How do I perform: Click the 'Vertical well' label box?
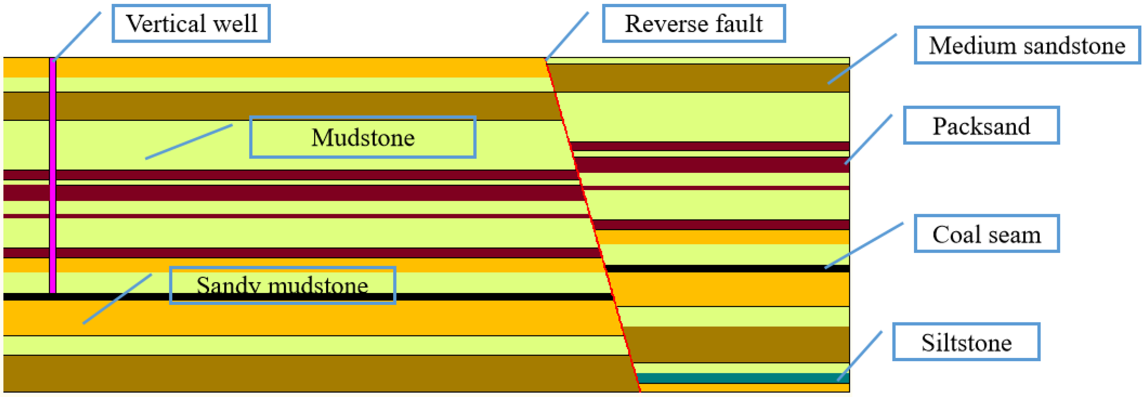pos(191,24)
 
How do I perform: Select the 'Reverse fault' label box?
pos(694,24)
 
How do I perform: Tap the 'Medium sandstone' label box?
pos(1027,45)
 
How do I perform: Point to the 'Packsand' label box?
pos(981,125)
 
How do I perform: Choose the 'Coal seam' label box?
pos(987,233)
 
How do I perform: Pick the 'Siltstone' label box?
pos(966,342)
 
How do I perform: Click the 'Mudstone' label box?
pos(363,137)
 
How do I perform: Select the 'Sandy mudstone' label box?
pos(283,286)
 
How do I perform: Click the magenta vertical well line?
pos(53,177)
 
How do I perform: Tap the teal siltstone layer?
pos(743,378)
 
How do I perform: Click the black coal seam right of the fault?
pos(728,269)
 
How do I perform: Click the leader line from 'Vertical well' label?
pos(77,36)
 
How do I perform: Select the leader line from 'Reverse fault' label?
pos(567,36)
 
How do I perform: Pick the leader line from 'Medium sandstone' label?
pos(862,59)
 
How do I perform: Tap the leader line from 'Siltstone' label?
pos(860,356)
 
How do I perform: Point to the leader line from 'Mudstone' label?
pos(189,142)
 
